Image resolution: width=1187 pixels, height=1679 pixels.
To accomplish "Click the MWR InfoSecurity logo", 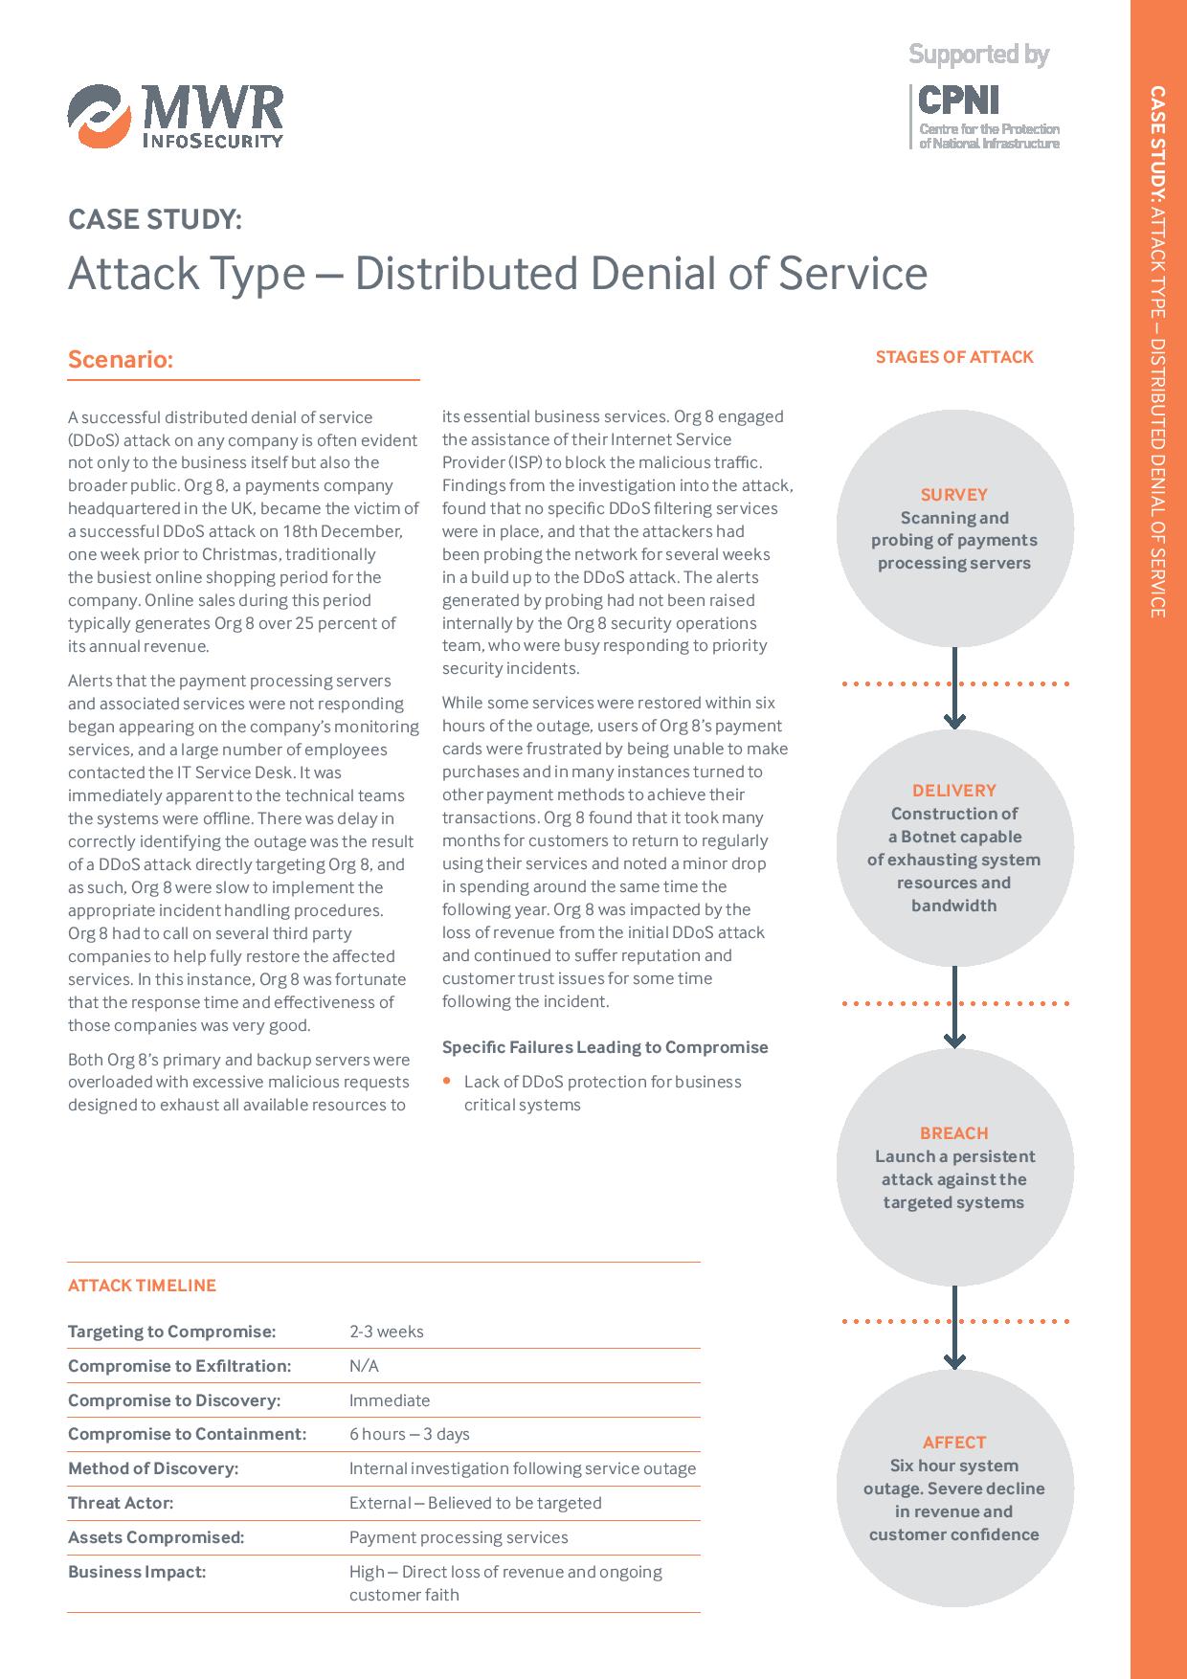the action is pyautogui.click(x=175, y=117).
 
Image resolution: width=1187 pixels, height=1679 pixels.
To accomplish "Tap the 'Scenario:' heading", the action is pyautogui.click(x=121, y=360).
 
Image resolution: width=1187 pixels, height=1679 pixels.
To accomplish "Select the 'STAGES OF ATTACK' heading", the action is pyautogui.click(x=954, y=357).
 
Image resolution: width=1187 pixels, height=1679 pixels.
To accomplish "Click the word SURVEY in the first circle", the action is pyautogui.click(x=954, y=495).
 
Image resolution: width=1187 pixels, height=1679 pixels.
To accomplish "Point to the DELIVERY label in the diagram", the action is pyautogui.click(x=954, y=791).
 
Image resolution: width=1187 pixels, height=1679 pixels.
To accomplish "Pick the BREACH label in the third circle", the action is pyautogui.click(x=954, y=1133).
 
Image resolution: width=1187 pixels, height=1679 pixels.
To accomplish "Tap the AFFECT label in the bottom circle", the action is pyautogui.click(x=954, y=1443).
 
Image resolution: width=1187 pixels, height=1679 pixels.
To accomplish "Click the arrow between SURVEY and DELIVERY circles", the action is pyautogui.click(x=954, y=687).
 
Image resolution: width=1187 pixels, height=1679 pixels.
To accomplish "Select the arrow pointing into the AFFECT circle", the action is pyautogui.click(x=954, y=1327).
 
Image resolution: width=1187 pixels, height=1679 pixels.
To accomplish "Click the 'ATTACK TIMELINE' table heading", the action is pyautogui.click(x=143, y=1286).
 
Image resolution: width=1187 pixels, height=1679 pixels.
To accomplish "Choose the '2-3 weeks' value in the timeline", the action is pyautogui.click(x=387, y=1332).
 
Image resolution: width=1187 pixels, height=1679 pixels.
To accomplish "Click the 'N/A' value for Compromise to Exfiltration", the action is pyautogui.click(x=364, y=1366).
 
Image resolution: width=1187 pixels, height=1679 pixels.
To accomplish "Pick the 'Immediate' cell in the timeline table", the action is pyautogui.click(x=390, y=1400).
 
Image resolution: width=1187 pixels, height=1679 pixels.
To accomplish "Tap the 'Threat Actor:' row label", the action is pyautogui.click(x=121, y=1503).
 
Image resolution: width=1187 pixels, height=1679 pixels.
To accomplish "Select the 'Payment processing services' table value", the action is pyautogui.click(x=459, y=1537).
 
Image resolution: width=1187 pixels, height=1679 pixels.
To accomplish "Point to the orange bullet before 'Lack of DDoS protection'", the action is pyautogui.click(x=446, y=1081).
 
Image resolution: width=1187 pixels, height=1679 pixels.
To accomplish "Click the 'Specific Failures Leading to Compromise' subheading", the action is pyautogui.click(x=605, y=1047).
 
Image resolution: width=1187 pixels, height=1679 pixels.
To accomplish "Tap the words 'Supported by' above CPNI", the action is pyautogui.click(x=978, y=55).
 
